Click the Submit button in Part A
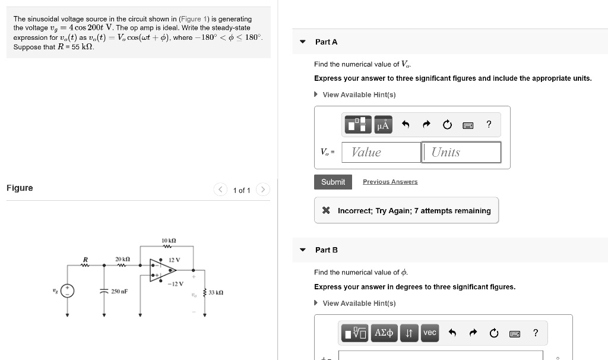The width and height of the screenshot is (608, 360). [332, 182]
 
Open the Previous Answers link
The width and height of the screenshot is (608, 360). [390, 182]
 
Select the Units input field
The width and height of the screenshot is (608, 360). [461, 152]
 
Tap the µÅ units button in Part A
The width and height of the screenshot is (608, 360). [383, 125]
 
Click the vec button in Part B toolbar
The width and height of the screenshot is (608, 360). [429, 333]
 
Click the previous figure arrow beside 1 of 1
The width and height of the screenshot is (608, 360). [220, 190]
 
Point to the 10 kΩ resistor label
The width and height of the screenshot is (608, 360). [167, 241]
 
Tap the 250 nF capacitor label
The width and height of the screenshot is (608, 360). [120, 291]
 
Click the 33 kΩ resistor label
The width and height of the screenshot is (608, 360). [216, 292]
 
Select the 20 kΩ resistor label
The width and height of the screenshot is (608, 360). [123, 260]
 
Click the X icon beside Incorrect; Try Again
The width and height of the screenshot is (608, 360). [325, 211]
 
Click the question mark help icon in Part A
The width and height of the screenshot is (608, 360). [489, 124]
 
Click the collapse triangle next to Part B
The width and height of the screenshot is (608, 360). [303, 250]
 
